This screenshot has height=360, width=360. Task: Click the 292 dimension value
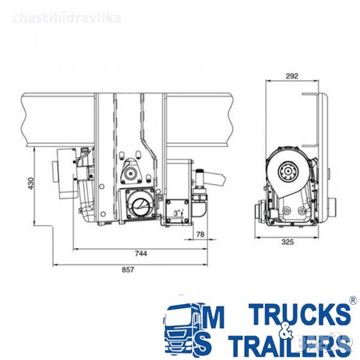[292, 76]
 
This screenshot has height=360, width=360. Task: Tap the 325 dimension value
[287, 242]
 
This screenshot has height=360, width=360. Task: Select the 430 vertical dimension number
[31, 184]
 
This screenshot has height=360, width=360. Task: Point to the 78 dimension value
[200, 235]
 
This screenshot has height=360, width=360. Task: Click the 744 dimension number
[141, 253]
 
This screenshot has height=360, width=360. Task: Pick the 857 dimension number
[128, 269]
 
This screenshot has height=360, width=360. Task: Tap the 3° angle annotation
[177, 213]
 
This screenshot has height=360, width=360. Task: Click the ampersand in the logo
[287, 331]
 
